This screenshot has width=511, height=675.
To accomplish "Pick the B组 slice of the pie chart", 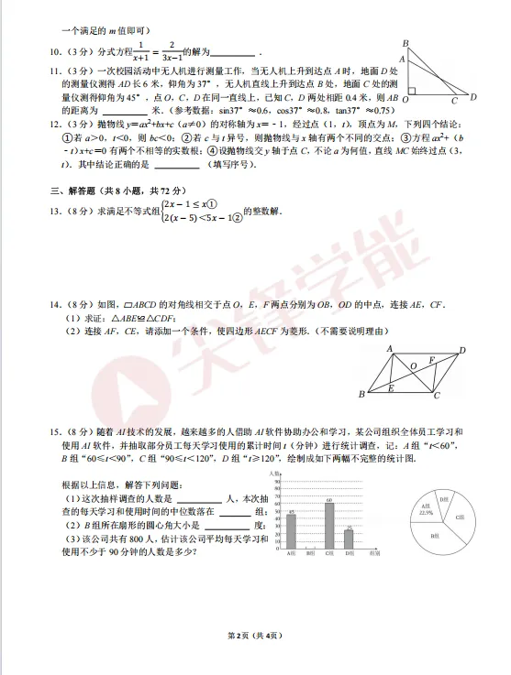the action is [435, 533].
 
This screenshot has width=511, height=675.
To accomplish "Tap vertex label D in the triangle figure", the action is [473, 95].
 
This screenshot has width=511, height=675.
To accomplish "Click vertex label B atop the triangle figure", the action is [405, 43].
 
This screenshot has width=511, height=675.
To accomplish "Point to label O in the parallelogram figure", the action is [413, 365].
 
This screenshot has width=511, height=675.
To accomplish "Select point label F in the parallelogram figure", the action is [432, 361].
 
